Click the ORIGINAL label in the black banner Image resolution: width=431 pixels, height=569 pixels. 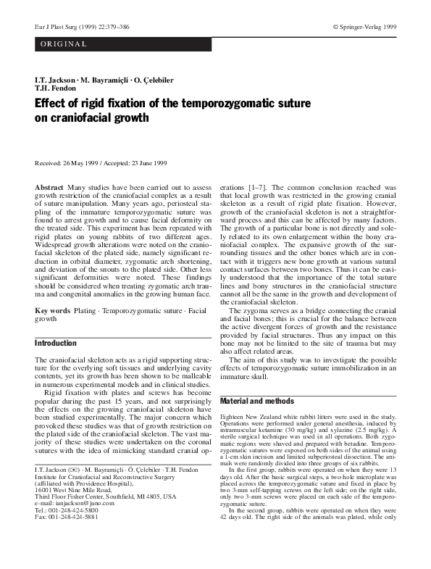[x=63, y=44]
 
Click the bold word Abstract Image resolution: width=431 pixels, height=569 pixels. [x=49, y=188]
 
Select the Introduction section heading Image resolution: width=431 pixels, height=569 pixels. [x=56, y=343]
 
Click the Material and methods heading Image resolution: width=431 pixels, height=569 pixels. [x=256, y=401]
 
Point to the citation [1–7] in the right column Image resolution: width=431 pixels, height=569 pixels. [x=258, y=188]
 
